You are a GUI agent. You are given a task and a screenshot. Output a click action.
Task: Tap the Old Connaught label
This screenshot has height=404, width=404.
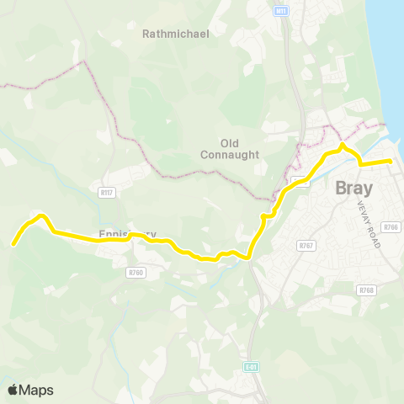(x=228, y=148)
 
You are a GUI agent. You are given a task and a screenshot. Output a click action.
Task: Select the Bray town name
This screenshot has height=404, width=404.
(x=354, y=189)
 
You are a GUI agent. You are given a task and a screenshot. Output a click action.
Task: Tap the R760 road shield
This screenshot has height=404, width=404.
(x=136, y=273)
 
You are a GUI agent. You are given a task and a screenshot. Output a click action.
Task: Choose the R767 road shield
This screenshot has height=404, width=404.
(x=306, y=245)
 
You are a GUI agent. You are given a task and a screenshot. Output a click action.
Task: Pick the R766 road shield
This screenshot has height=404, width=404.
(x=390, y=227)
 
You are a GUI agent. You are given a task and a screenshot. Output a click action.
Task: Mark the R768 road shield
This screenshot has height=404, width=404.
(x=365, y=290)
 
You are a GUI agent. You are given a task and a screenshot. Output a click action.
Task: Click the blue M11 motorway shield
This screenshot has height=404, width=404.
(x=281, y=11)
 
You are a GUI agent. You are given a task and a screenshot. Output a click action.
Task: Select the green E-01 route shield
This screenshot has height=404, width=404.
(x=252, y=367)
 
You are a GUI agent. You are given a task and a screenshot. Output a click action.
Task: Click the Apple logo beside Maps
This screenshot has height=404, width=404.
(x=13, y=390)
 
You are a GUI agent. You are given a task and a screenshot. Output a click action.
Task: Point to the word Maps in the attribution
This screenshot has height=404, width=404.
(x=36, y=390)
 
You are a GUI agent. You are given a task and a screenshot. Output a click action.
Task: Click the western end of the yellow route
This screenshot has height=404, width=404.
(x=13, y=244)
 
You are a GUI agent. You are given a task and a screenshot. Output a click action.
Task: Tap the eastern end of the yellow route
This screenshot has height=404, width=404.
(x=391, y=160)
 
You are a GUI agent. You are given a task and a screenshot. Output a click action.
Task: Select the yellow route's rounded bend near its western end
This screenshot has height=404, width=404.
(x=38, y=217)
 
